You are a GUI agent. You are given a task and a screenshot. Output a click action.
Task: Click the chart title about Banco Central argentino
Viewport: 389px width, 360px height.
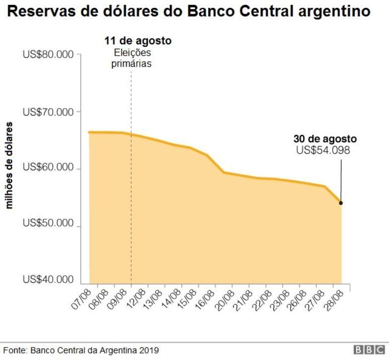point(189,12)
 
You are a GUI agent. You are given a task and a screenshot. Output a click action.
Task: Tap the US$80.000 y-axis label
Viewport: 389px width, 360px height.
point(48,54)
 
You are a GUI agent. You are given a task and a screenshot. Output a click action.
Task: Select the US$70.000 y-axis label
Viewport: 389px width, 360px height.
point(48,111)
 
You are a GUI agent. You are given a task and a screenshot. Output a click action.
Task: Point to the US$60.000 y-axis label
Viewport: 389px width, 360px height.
point(48,169)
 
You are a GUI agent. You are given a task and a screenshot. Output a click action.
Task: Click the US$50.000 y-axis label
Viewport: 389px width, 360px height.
point(48,226)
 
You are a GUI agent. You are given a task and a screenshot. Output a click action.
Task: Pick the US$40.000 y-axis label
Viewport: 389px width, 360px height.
point(48,279)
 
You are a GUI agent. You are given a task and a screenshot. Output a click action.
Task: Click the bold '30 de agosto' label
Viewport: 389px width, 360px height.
point(325,139)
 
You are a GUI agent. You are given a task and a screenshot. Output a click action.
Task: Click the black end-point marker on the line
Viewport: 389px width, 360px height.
point(341,203)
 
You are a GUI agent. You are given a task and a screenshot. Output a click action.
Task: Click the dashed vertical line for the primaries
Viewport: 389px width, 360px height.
point(131,201)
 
